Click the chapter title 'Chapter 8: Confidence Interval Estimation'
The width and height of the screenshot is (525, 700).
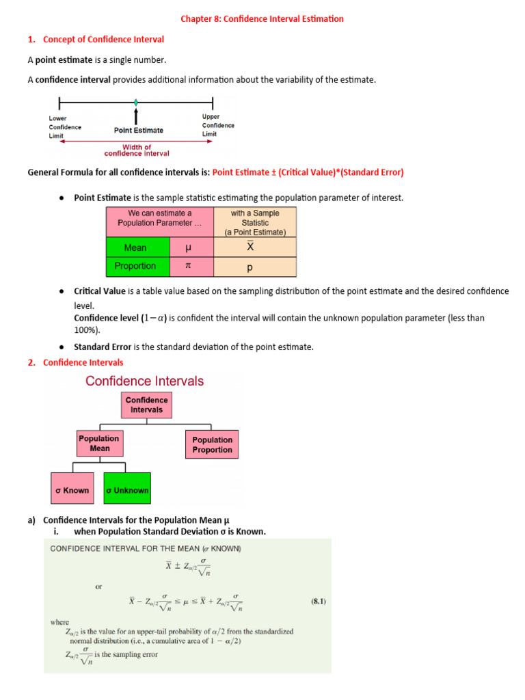pyautogui.click(x=262, y=19)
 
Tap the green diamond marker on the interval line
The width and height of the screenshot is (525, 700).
pyautogui.click(x=136, y=103)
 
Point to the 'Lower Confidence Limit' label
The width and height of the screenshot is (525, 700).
pyautogui.click(x=65, y=126)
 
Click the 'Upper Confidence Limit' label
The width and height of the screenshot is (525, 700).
pyautogui.click(x=217, y=125)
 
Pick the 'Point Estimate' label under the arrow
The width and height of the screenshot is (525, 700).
pyautogui.click(x=139, y=130)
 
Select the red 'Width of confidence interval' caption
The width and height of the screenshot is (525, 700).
pyautogui.click(x=137, y=150)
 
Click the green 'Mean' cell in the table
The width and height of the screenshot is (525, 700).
pyautogui.click(x=137, y=247)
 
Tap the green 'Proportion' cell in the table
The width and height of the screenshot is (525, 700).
pyautogui.click(x=137, y=266)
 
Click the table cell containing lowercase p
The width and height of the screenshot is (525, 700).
pyautogui.click(x=254, y=267)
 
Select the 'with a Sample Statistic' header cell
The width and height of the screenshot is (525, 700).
pyautogui.click(x=254, y=222)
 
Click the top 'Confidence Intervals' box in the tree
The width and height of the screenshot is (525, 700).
pyautogui.click(x=146, y=405)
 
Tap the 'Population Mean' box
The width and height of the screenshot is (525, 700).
pyautogui.click(x=98, y=444)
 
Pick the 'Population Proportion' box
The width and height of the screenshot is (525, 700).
pyautogui.click(x=212, y=445)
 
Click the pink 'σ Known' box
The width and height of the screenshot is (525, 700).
pyautogui.click(x=72, y=490)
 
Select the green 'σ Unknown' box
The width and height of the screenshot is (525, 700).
pyautogui.click(x=127, y=490)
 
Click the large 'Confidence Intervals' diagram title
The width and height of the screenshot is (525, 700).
pyautogui.click(x=144, y=381)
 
